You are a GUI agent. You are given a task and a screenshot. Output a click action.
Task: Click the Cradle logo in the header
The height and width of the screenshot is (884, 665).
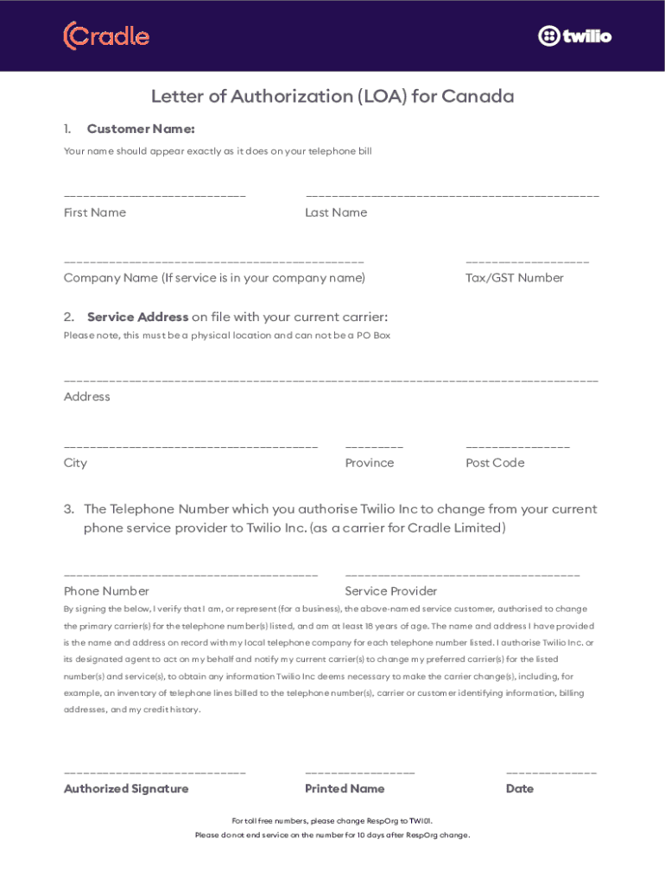106,36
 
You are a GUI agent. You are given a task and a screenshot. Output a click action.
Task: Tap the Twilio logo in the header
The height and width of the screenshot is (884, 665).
574,36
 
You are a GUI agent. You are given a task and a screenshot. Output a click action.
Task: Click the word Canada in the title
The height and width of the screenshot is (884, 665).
478,96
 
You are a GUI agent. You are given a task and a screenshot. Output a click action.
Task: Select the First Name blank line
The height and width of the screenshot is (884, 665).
155,197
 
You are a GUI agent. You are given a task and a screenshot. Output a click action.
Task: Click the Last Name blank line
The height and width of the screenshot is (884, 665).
452,197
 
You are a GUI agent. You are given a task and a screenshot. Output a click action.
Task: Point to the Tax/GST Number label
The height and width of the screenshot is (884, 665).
515,278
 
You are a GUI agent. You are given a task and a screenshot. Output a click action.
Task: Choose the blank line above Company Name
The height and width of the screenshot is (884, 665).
213,262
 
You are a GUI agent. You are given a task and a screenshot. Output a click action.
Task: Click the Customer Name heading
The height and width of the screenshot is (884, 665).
141,129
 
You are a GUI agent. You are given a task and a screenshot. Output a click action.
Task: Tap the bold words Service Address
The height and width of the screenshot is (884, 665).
137,317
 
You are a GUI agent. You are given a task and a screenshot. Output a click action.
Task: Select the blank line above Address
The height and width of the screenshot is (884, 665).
331,381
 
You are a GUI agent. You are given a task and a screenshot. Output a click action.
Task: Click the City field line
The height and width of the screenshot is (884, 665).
191,447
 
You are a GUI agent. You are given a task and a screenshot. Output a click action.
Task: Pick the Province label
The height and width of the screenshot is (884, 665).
369,463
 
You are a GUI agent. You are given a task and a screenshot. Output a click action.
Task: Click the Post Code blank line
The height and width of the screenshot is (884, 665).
517,447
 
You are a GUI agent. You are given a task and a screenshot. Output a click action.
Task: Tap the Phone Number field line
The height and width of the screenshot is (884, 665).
191,575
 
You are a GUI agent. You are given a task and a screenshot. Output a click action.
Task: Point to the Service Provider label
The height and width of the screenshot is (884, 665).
390,591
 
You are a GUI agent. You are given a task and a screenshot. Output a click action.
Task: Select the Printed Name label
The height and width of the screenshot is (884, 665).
345,789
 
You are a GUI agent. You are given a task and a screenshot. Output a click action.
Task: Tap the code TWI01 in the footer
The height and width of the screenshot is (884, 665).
421,821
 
